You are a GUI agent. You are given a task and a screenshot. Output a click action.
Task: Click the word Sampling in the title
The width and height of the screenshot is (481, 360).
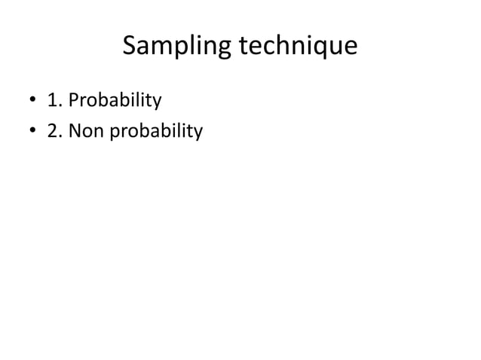[x=176, y=47]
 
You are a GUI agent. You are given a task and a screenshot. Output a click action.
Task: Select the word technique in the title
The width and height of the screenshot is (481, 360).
[x=298, y=47]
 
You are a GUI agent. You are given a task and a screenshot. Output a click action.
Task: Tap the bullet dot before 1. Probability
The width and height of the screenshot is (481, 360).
[x=32, y=100]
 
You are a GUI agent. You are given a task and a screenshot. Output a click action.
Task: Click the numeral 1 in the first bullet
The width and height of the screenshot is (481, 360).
[x=51, y=99]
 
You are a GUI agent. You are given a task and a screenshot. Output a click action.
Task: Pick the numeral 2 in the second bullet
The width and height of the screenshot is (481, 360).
[x=51, y=133]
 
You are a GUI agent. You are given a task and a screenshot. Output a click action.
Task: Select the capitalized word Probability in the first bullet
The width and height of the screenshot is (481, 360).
[x=115, y=100]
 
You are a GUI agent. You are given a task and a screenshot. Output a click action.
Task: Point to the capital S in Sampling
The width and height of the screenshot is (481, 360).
[x=129, y=47]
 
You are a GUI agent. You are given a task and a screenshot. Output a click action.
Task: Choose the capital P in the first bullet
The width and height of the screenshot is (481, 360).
[x=73, y=99]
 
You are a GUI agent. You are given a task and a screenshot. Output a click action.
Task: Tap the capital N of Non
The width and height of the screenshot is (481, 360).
[x=74, y=133]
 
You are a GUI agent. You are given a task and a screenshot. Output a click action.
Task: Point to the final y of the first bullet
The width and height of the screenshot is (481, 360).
[x=158, y=102]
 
